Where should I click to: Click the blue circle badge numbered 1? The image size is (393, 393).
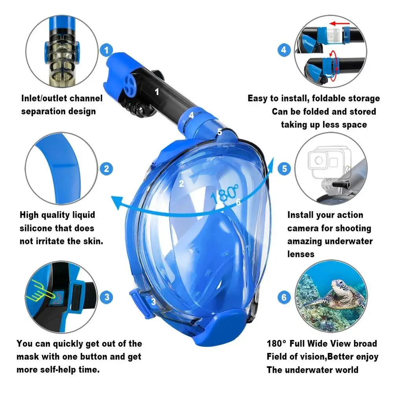tap(106, 50)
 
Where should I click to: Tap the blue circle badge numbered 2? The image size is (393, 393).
tap(106, 169)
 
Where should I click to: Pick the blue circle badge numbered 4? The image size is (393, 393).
tap(284, 50)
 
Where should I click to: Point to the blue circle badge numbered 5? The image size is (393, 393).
tap(284, 169)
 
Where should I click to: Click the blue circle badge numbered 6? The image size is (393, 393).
tap(284, 297)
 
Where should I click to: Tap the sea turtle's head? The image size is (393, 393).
tap(339, 285)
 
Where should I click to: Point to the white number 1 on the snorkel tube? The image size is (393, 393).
tap(157, 92)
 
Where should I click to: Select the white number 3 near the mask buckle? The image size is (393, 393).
tap(153, 302)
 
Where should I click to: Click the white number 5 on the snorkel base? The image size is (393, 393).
tap(220, 132)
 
